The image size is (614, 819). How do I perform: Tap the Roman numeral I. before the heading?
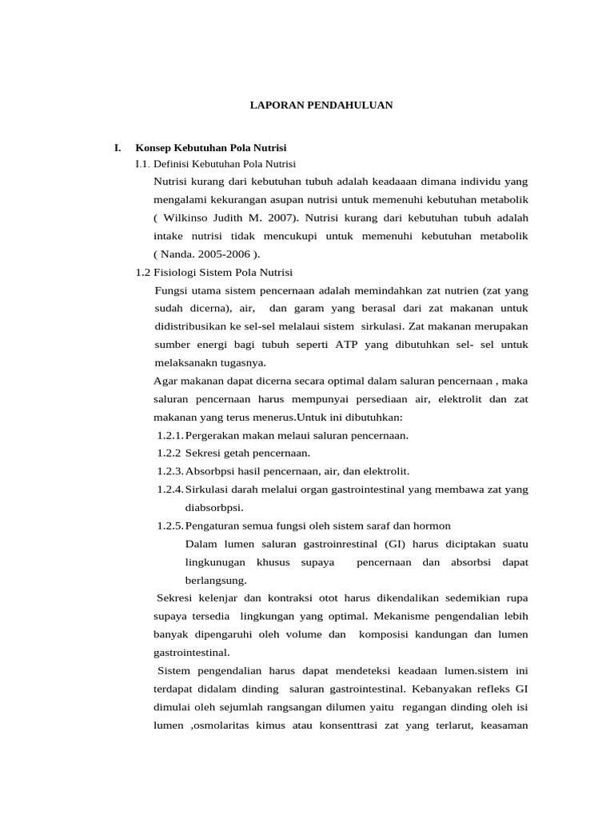(118, 148)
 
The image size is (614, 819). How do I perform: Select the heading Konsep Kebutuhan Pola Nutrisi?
(210, 148)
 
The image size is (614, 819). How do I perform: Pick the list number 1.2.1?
(170, 435)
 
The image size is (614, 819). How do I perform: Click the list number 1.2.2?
(169, 453)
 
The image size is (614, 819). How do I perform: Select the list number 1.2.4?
(170, 489)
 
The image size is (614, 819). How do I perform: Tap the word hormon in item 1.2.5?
(432, 525)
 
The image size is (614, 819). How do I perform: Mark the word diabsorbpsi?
(213, 507)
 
